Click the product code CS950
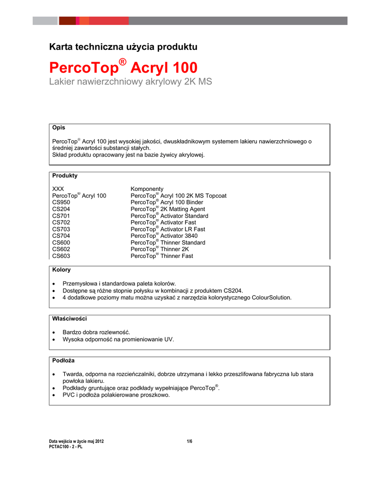[61, 202]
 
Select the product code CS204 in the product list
[61, 209]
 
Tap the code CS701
[61, 216]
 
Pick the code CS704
[61, 236]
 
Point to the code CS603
[61, 256]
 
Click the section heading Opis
[58, 128]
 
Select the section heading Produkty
[65, 176]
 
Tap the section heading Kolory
[61, 270]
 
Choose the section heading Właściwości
[69, 318]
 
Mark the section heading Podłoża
[63, 360]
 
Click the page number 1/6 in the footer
[189, 441]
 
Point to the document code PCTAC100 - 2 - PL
[66, 447]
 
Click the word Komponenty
[147, 189]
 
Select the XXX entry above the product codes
[58, 189]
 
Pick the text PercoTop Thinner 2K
[161, 249]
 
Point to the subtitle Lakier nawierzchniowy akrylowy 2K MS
[131, 82]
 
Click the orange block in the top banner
[84, 21]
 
